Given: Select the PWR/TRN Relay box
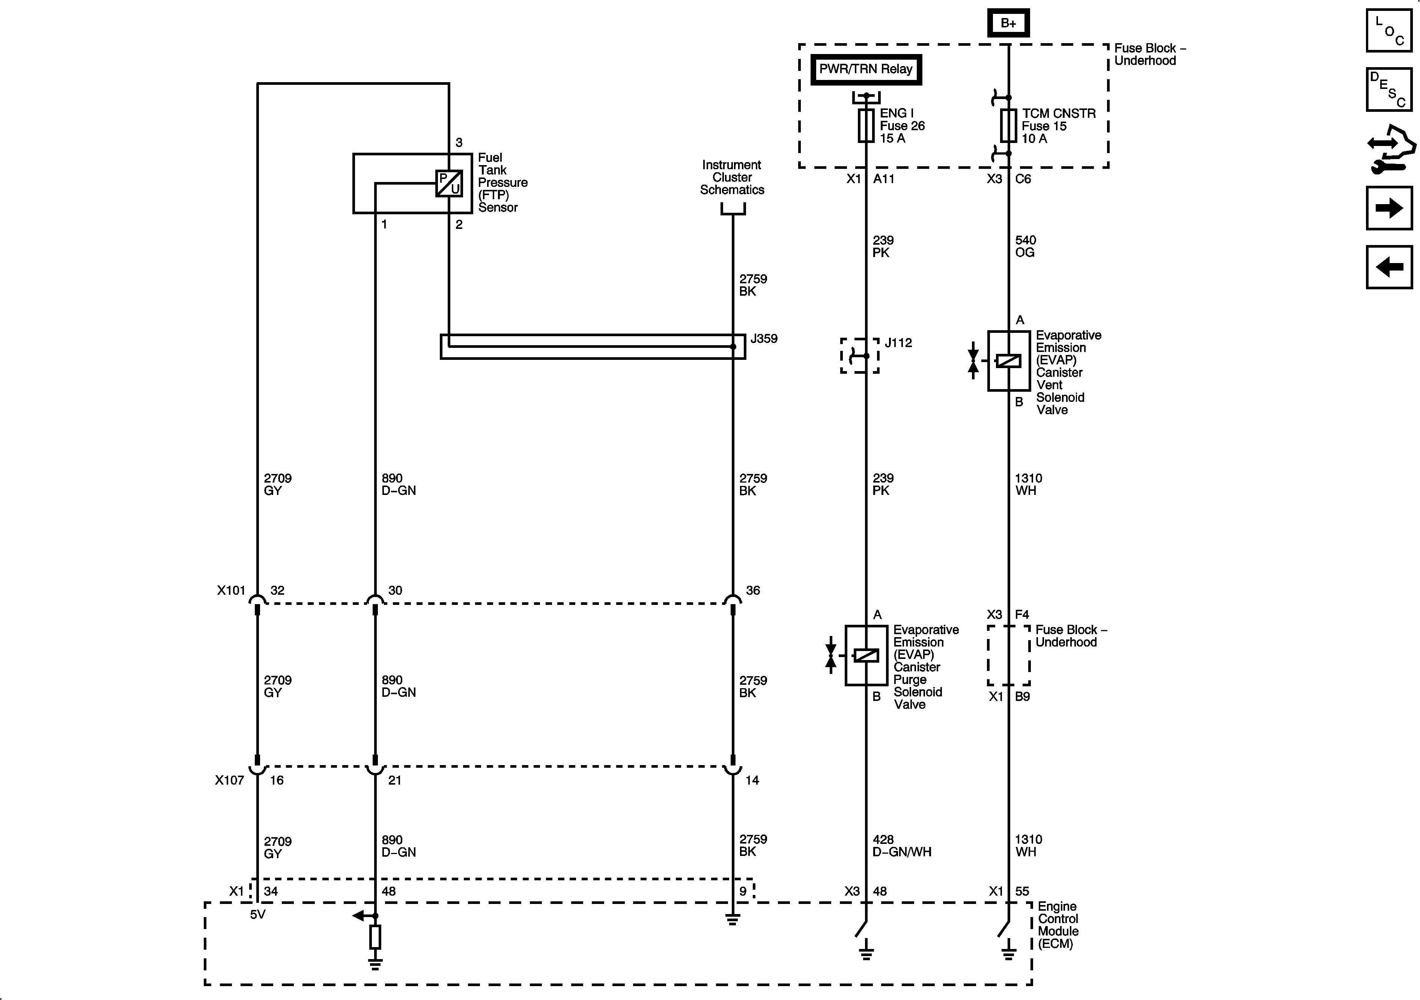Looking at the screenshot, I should point(866,69).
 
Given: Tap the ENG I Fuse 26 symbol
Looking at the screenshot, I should point(866,126).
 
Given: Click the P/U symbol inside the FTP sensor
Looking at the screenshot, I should point(449,183).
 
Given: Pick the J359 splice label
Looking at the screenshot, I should point(764,339).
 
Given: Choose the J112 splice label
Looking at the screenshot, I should point(898,343).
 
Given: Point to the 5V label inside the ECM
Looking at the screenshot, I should point(258,914).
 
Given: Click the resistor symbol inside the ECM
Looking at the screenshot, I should point(375,938).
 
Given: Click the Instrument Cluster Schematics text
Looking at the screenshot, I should point(732,177).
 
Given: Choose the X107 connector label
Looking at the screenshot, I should point(229,780).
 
